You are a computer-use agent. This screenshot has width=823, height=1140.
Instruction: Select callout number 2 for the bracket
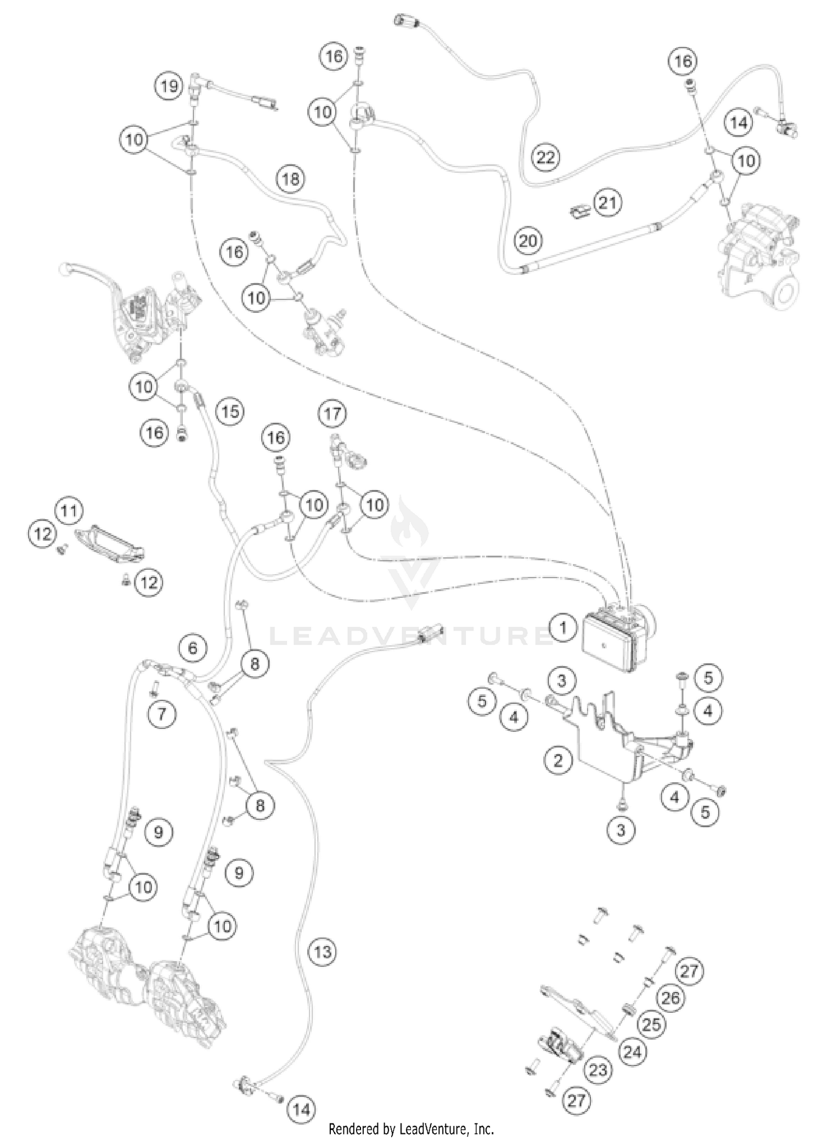pos(558,760)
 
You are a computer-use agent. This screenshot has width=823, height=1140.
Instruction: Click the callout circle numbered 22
pos(545,158)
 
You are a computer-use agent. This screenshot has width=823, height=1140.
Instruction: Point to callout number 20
pos(528,240)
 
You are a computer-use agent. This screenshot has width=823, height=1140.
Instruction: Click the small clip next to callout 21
pos(579,211)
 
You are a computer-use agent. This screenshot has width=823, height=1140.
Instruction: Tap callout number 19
pos(170,86)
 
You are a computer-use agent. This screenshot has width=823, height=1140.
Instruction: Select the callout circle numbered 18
pos(291,178)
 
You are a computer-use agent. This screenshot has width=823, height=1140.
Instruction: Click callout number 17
pos(332,413)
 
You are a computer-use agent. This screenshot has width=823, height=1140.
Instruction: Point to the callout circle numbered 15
pos(230,411)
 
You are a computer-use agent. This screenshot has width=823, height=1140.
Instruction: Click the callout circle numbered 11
pos(69,511)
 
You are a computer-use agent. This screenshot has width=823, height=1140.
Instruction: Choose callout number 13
pos(322,951)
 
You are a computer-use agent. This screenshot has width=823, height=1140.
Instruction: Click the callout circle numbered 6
pos(193,648)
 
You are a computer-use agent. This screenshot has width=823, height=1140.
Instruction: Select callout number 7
pos(162,714)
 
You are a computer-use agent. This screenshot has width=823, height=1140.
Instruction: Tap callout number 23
pos(598,1070)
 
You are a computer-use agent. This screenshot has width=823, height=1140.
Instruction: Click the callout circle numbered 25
pos(651,1024)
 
